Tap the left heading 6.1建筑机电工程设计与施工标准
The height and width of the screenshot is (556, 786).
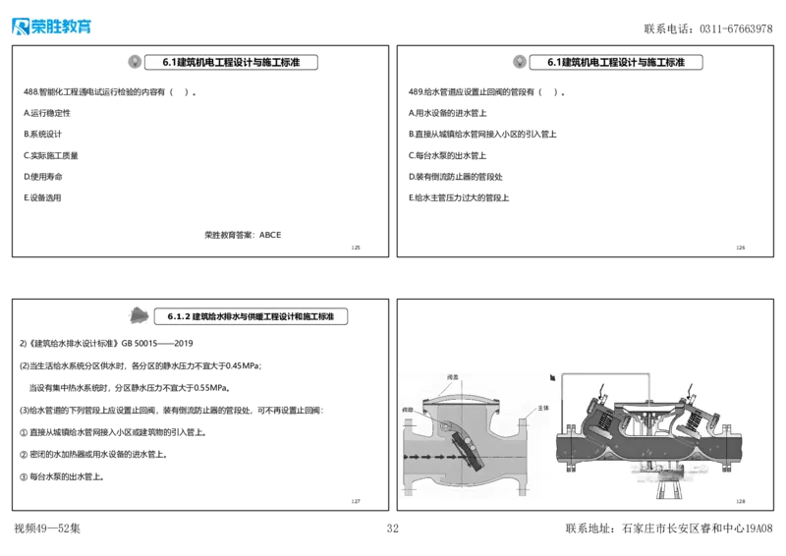[x=233, y=62]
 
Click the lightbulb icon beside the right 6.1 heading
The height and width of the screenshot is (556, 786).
[x=518, y=62]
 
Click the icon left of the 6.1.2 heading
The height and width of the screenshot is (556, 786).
[x=140, y=316]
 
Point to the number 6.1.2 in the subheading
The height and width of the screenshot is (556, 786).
[x=177, y=317]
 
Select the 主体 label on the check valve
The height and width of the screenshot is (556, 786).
[x=543, y=408]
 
